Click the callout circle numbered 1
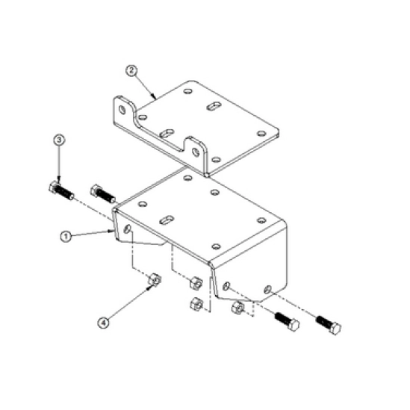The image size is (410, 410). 66,237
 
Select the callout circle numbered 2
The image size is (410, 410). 131,71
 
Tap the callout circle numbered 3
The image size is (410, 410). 59,140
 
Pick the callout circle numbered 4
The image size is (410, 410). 104,323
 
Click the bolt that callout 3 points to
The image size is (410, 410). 61,190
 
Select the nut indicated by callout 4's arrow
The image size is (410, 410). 155,280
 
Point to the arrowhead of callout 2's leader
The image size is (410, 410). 155,98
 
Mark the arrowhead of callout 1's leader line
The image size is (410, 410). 112,231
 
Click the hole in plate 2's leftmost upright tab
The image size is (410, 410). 122,110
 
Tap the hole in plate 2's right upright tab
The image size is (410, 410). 196,152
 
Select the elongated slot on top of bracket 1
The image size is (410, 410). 167,220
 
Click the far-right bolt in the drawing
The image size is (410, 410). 329,326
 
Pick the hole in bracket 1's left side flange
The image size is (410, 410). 128,229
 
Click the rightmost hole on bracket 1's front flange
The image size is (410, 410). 267,289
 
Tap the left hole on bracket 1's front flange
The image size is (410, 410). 226,286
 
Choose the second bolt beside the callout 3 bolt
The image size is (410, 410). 103,194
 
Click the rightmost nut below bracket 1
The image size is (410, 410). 237,308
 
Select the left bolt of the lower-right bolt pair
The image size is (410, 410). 287,322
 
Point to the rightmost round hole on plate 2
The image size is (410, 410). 261,134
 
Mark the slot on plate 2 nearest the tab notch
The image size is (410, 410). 167,134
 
